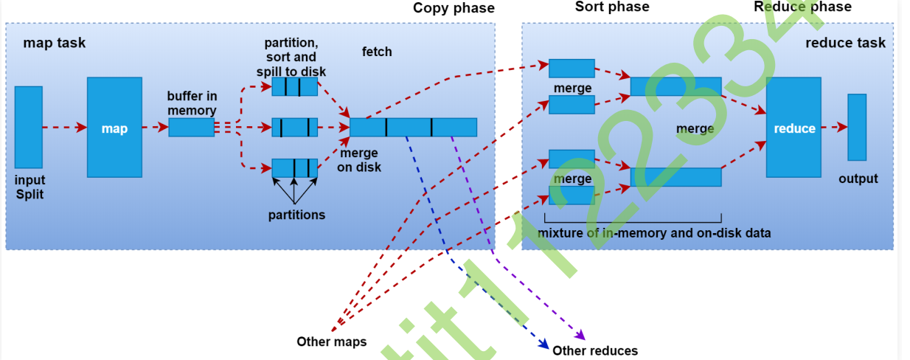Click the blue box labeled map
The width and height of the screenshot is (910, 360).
[114, 128]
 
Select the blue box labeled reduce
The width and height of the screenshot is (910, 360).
[793, 128]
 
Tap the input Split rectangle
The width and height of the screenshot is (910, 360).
[28, 127]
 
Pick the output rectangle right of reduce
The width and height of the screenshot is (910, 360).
[856, 127]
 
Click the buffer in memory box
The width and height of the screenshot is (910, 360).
[191, 128]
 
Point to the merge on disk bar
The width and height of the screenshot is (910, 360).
[413, 128]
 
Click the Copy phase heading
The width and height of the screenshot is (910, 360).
[453, 8]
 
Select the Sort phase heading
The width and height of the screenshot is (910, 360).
[611, 7]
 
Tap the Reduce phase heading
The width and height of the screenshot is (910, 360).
[802, 7]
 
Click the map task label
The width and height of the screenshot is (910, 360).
[54, 43]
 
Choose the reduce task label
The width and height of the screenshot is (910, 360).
[845, 43]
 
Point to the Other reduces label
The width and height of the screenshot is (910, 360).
[594, 350]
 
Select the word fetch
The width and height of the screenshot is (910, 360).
[377, 52]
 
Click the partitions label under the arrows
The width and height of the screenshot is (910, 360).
[296, 215]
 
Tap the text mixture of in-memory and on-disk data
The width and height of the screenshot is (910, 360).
[654, 233]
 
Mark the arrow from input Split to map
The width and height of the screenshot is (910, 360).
[64, 128]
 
